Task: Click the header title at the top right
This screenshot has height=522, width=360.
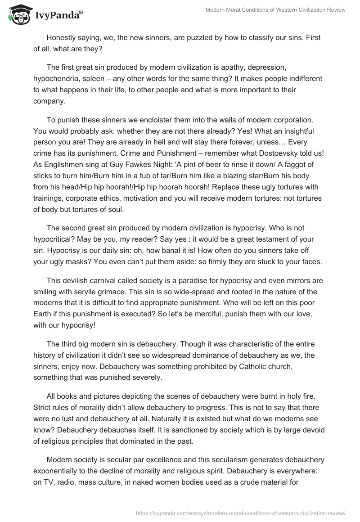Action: (x=275, y=10)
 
